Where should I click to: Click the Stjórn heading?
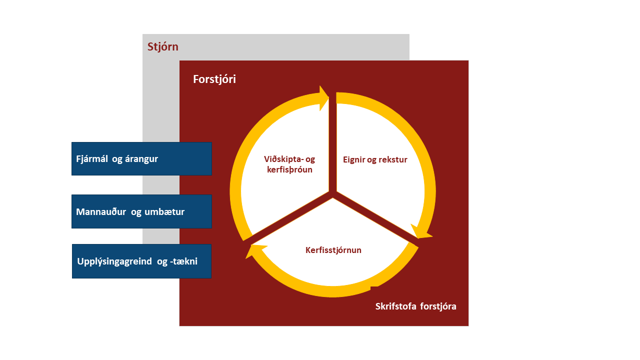click(163, 47)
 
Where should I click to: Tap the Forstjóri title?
click(214, 79)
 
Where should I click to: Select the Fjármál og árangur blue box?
click(141, 158)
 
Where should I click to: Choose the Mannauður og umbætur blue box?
click(141, 211)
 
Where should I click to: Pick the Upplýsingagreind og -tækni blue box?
click(141, 261)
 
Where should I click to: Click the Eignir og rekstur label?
click(375, 159)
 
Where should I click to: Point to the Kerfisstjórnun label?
click(333, 250)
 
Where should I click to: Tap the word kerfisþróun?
click(289, 169)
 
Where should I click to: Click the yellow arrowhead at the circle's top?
click(324, 98)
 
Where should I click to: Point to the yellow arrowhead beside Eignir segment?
click(421, 231)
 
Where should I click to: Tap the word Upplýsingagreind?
click(114, 261)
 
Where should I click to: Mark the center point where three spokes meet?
click(332, 194)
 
